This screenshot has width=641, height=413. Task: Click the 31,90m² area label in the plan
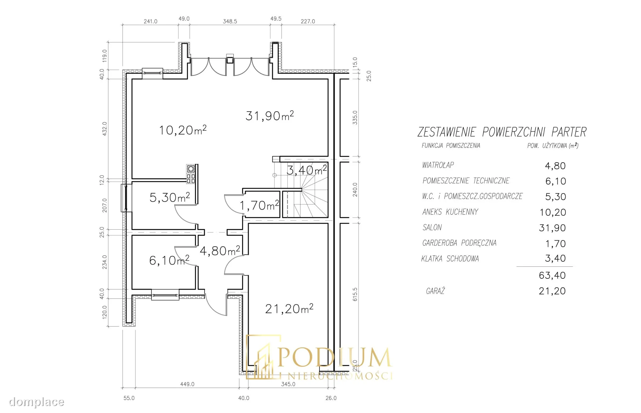(x=270, y=116)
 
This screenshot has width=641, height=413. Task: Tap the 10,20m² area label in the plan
(x=183, y=130)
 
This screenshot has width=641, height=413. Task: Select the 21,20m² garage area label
(x=289, y=308)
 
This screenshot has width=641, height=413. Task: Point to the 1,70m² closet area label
(x=259, y=205)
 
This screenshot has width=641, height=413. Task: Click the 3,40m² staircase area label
(x=306, y=170)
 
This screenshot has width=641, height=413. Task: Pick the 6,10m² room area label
(x=169, y=260)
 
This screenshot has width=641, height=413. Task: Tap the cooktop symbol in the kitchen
(x=191, y=174)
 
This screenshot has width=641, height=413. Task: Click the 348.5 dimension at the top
(x=230, y=21)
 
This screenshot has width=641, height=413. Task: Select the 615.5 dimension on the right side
(x=355, y=294)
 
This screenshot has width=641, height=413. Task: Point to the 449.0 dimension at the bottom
(x=187, y=384)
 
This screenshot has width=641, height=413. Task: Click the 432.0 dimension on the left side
(x=104, y=129)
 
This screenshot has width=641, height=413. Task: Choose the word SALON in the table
(x=432, y=227)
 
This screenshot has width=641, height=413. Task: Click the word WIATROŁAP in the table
(x=438, y=165)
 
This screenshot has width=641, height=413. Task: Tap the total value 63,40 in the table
(x=552, y=275)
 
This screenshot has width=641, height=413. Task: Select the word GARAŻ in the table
(x=435, y=291)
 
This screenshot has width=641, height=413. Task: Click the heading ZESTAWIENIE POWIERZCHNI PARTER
(x=502, y=132)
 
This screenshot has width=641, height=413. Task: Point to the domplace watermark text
(x=36, y=402)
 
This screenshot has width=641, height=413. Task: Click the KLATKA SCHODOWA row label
(x=450, y=258)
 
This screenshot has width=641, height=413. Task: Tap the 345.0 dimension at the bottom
(x=288, y=384)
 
